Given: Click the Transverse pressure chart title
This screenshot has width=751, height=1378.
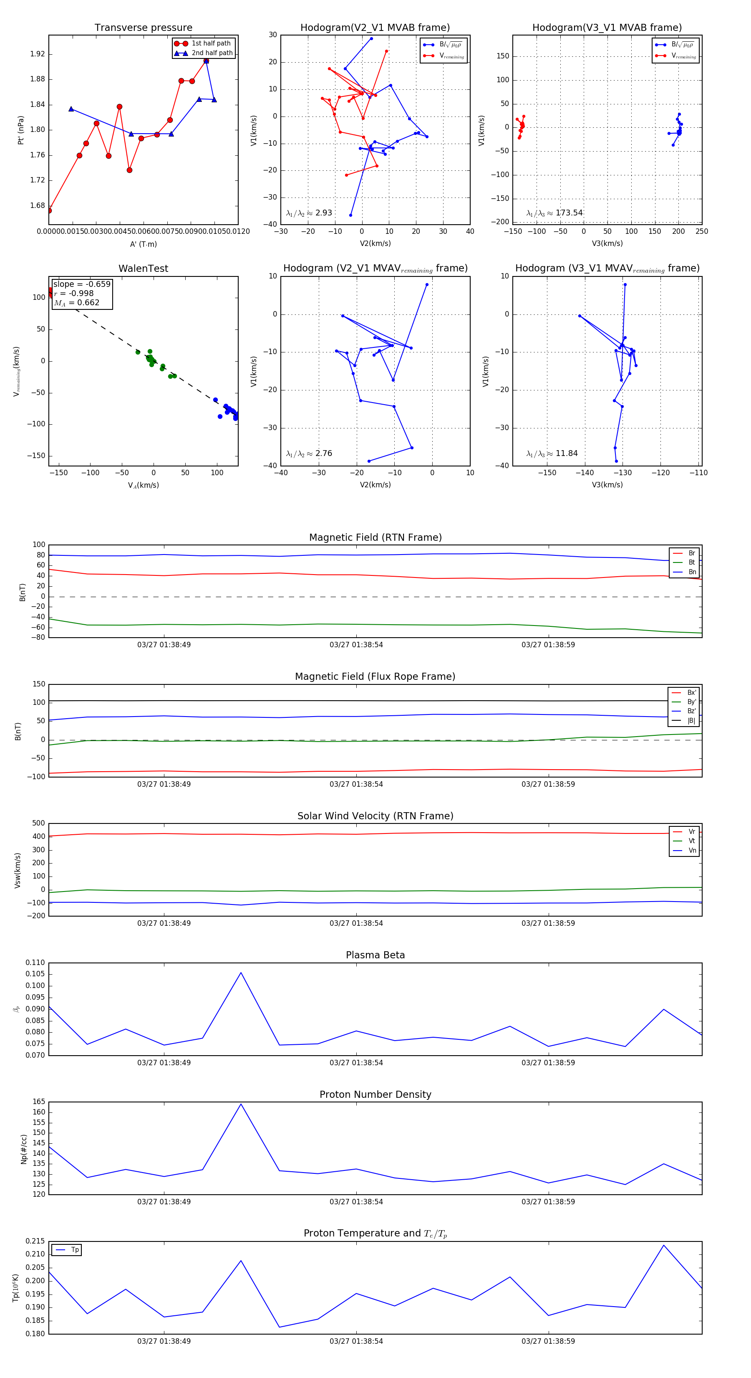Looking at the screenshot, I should pyautogui.click(x=143, y=28).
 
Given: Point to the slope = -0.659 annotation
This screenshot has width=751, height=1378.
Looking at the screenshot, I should pyautogui.click(x=82, y=284).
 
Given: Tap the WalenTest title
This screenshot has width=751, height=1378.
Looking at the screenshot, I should pyautogui.click(x=143, y=269).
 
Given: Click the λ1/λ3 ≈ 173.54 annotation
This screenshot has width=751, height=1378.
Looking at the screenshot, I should pyautogui.click(x=554, y=213).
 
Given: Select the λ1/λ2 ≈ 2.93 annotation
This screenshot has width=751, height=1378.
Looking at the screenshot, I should pyautogui.click(x=309, y=213).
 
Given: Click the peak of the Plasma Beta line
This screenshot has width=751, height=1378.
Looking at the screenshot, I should pyautogui.click(x=241, y=973).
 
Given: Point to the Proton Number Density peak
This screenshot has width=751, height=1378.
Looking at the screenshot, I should pyautogui.click(x=241, y=1104).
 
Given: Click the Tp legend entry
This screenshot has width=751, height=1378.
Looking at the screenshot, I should pyautogui.click(x=74, y=1250).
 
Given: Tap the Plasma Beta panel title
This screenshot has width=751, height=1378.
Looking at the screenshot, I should pyautogui.click(x=375, y=955).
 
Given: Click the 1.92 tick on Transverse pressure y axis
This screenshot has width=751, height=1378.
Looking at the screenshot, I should pyautogui.click(x=38, y=54).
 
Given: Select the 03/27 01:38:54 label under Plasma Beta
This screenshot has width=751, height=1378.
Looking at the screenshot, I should pyautogui.click(x=356, y=1062).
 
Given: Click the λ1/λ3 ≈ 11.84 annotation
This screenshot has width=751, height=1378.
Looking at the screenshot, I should pyautogui.click(x=552, y=453).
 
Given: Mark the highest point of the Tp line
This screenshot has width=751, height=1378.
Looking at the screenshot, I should pyautogui.click(x=664, y=1245).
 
